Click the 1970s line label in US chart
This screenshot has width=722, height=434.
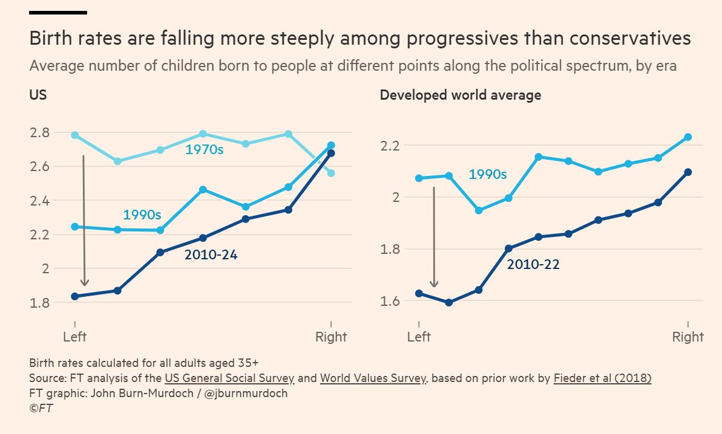click(204, 149)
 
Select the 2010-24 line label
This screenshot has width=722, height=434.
click(211, 255)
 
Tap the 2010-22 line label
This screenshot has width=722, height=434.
click(533, 264)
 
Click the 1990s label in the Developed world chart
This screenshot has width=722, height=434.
click(487, 175)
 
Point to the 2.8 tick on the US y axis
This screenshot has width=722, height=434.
click(41, 132)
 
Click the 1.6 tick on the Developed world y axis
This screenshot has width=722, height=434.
click(392, 301)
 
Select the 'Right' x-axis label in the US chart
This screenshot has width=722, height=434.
click(331, 337)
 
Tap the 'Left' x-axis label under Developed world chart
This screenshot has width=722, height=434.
click(419, 337)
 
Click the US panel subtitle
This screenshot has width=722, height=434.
click(38, 95)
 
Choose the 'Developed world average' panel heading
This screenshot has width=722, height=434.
click(460, 95)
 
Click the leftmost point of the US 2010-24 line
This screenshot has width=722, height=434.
click(74, 296)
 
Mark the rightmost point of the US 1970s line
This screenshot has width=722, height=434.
click(330, 173)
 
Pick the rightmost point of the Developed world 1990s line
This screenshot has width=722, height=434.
click(688, 137)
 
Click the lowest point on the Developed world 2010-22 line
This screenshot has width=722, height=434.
click(448, 302)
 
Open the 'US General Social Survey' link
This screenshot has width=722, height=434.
click(229, 379)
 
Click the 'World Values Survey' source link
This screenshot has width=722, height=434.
click(373, 379)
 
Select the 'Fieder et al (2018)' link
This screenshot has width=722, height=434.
click(602, 379)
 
